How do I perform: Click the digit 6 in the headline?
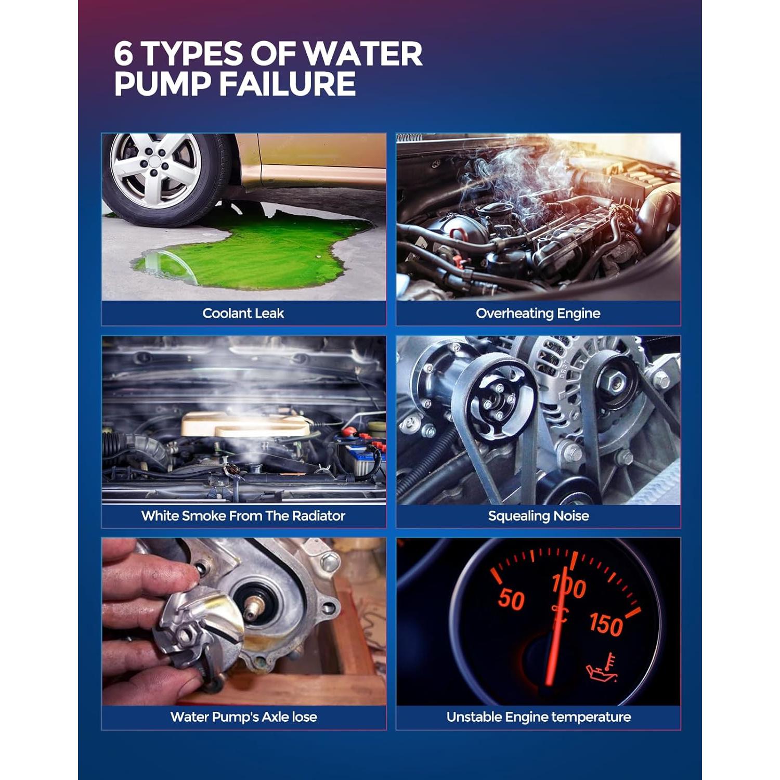tap(124, 54)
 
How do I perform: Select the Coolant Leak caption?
tap(243, 313)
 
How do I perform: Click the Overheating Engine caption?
tap(538, 313)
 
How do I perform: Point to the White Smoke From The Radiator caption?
tap(243, 516)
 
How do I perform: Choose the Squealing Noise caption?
tap(538, 516)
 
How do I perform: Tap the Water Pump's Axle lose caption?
tap(243, 717)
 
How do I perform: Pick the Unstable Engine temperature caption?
tap(538, 717)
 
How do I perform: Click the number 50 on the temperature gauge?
tap(511, 599)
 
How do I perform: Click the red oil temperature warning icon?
tap(602, 668)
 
